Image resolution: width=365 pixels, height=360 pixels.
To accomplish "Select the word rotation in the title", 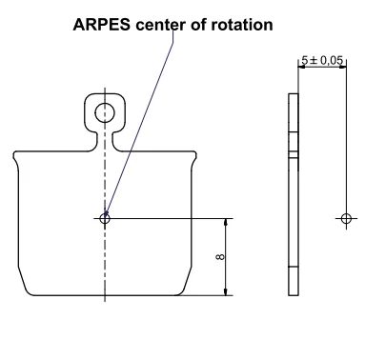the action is (x=241, y=25).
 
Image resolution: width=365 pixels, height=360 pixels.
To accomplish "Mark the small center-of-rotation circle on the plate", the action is (x=104, y=218).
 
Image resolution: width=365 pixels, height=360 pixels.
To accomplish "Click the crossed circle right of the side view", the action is (x=346, y=218).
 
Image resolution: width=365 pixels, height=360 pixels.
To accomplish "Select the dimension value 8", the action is (x=218, y=257).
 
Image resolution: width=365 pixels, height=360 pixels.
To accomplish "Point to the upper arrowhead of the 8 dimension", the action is (x=226, y=223).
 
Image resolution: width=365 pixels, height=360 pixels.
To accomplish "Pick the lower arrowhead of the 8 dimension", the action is (x=226, y=290).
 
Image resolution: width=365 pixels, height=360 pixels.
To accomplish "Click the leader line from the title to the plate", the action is (x=143, y=114).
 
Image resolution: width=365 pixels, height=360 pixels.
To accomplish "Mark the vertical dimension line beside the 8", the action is (x=226, y=257).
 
